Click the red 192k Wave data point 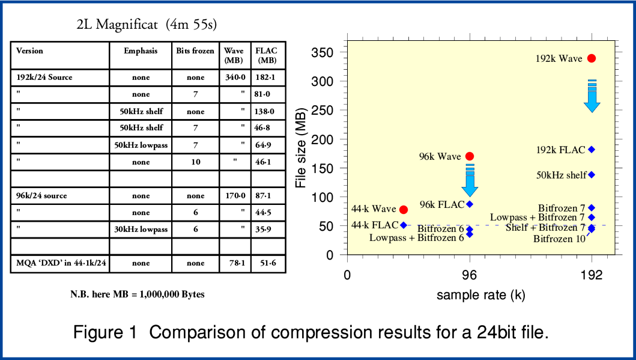pos(592,58)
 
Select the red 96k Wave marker pos(470,156)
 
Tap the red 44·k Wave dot pos(404,209)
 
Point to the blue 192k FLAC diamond pos(592,150)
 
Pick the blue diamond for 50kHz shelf pos(592,175)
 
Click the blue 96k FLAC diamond pos(470,204)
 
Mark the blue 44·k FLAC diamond pos(404,225)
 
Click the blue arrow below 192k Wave pos(592,96)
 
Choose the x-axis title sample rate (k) pos(480,295)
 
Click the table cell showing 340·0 pos(235,78)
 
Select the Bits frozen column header pos(195,51)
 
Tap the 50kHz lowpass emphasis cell pos(141,145)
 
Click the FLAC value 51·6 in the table pos(266,263)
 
